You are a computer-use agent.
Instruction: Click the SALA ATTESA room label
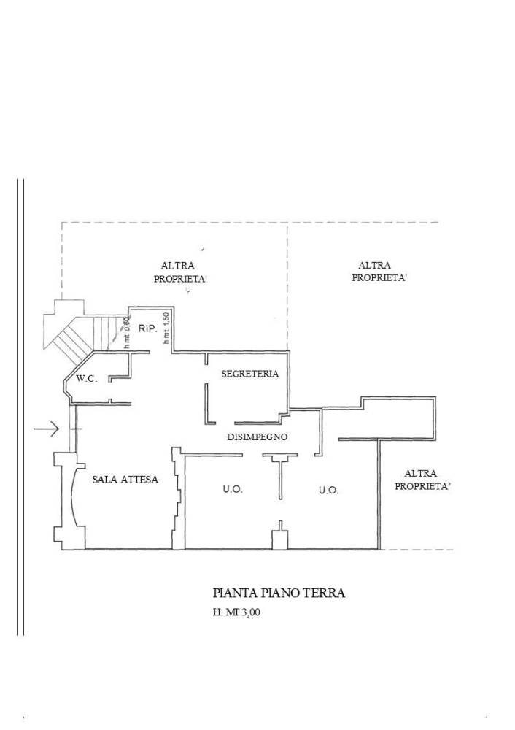click(x=125, y=480)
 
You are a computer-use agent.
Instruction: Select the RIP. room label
click(x=148, y=329)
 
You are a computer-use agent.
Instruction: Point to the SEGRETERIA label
click(x=250, y=374)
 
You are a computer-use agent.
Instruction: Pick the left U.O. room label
click(x=233, y=490)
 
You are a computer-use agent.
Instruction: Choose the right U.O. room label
click(x=328, y=491)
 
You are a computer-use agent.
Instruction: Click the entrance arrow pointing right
click(x=47, y=429)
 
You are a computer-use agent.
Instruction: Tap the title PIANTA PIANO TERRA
click(x=279, y=593)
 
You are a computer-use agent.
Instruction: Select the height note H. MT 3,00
click(x=236, y=613)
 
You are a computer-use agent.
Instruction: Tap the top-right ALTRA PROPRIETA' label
click(x=379, y=272)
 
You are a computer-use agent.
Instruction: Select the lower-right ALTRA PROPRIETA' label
click(x=422, y=480)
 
